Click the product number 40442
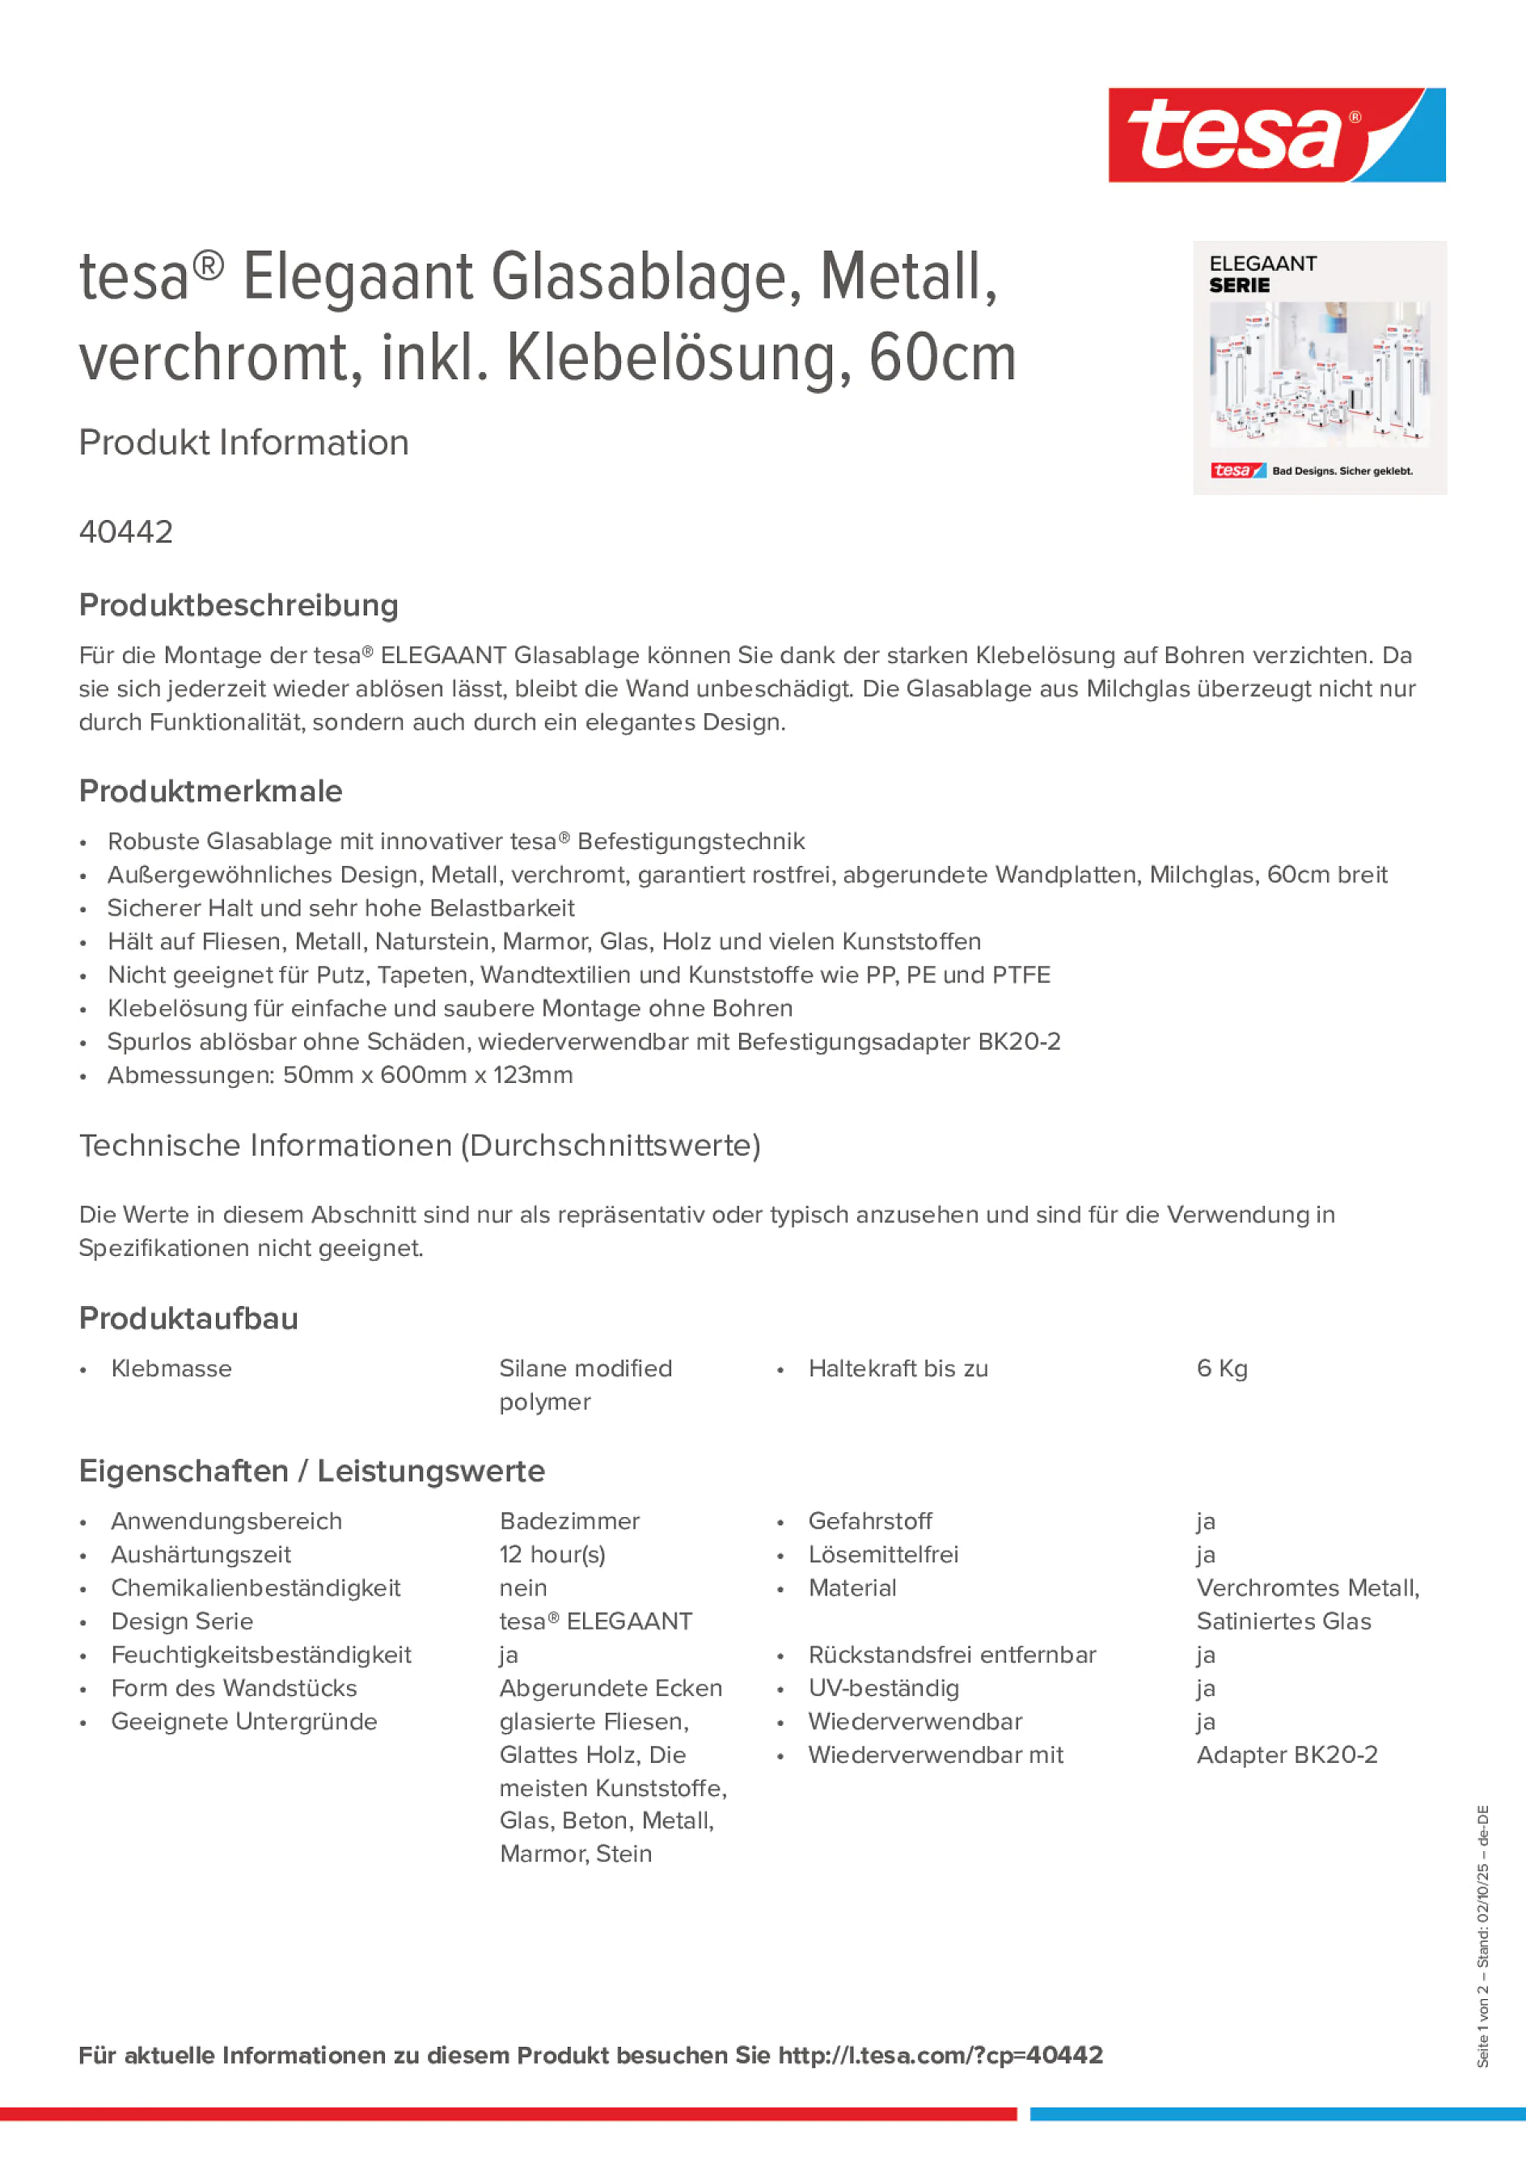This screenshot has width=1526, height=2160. (x=126, y=532)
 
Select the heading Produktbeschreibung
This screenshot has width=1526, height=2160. (x=239, y=605)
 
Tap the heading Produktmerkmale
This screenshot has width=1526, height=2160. (x=211, y=791)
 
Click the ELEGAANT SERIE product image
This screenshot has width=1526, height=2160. (x=1319, y=368)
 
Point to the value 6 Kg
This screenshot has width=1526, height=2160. (x=1221, y=1369)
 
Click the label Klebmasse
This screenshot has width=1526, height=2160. (x=171, y=1369)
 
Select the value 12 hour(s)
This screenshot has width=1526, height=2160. (x=552, y=1555)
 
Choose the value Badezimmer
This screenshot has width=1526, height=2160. (x=569, y=1521)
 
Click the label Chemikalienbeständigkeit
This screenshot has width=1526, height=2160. (x=256, y=1588)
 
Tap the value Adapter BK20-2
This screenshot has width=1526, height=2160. (x=1286, y=1755)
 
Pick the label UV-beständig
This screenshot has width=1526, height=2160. (x=883, y=1688)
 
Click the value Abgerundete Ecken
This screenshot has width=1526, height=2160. (x=611, y=1688)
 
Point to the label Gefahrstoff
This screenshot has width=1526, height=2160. (x=870, y=1521)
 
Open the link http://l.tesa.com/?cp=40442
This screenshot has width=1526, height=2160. (x=940, y=2056)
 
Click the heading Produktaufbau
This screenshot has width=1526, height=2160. (x=188, y=1319)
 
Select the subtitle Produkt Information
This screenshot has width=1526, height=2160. (x=243, y=443)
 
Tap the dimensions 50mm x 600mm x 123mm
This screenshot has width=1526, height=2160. (x=427, y=1076)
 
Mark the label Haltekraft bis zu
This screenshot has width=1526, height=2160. (x=898, y=1369)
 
